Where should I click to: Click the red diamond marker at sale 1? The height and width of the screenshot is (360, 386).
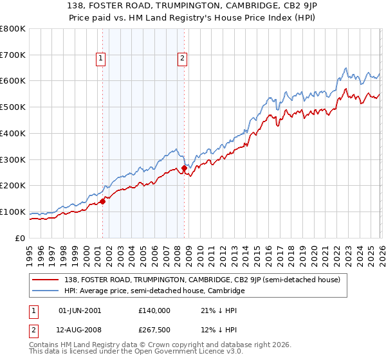tap(102, 201)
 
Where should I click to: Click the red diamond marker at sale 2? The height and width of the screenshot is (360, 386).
tap(184, 168)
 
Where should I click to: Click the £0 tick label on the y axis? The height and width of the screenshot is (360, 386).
tap(21, 238)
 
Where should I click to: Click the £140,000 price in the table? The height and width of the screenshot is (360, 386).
tap(154, 310)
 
